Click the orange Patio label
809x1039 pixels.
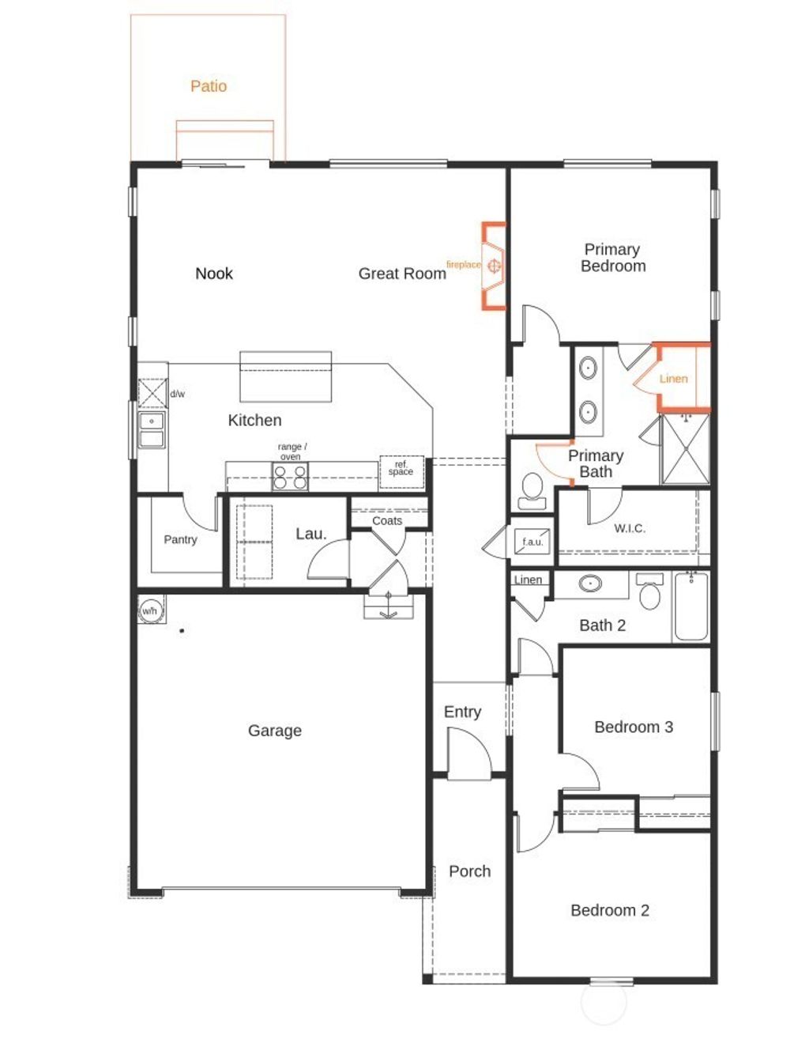point(209,86)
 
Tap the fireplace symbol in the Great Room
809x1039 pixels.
point(494,266)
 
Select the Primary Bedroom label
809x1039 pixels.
point(612,258)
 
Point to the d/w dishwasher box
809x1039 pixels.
point(152,393)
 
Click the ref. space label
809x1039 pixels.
point(401,469)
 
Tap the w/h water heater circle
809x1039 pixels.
point(150,610)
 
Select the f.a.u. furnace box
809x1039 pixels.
point(532,542)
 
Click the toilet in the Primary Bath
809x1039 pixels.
point(532,490)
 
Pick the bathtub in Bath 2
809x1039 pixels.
point(691,606)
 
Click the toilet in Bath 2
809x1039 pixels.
point(649,592)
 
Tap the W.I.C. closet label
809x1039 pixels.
point(630,528)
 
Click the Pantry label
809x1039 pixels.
point(180,539)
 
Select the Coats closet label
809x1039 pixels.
point(387,520)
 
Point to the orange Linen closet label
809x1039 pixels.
point(673,379)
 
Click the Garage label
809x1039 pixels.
point(274,731)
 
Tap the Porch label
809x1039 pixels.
point(469,871)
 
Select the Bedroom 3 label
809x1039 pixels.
point(634,727)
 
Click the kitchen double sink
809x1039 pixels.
point(152,429)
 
